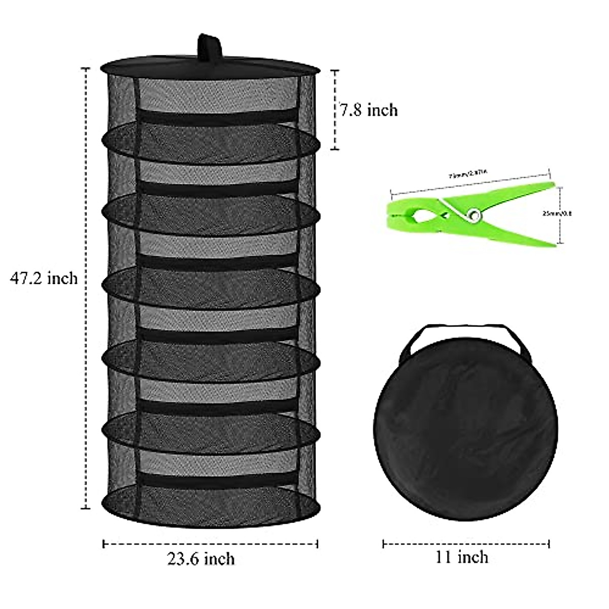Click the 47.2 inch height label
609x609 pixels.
pos(44,278)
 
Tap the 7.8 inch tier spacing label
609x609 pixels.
pos(369,110)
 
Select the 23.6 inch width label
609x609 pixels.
pos(201,559)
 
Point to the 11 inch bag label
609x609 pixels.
pos(461,557)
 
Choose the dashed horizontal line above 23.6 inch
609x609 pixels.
pos(211,544)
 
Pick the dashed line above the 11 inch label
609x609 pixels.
pos(466,544)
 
